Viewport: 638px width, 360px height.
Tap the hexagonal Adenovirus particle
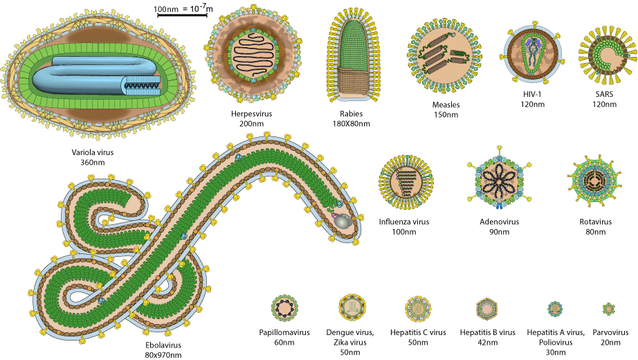click(499, 183)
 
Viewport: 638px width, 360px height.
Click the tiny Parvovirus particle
click(608, 308)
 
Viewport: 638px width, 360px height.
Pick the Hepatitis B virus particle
click(487, 308)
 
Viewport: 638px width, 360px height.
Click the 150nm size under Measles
click(445, 114)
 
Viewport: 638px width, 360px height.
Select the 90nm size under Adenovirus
click(498, 232)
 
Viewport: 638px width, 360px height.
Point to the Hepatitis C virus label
click(417, 332)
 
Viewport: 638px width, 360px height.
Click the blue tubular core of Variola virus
click(83, 76)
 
